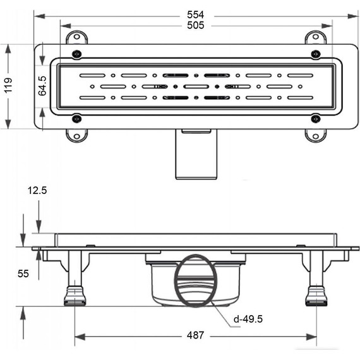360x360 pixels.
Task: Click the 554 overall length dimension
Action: tap(195, 15)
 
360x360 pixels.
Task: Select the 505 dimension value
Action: tap(195, 25)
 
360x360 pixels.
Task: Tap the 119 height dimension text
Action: tap(8, 86)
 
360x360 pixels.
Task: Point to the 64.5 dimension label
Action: tap(42, 86)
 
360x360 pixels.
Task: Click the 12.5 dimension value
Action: tap(37, 190)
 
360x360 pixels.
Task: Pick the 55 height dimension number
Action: tap(23, 273)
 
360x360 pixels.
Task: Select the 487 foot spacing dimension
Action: tap(195, 335)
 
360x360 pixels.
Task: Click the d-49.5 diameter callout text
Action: tap(248, 319)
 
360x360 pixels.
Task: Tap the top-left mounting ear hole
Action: tap(76, 37)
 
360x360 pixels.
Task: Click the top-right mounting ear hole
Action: tap(316, 37)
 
